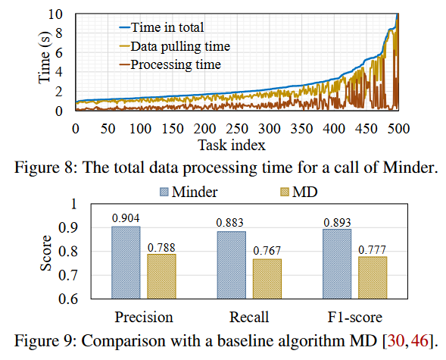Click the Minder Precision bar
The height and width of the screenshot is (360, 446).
coord(126,262)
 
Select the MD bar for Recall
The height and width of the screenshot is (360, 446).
coord(267,279)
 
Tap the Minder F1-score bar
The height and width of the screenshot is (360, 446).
coord(337,264)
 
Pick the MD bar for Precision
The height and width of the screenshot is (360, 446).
coord(161,277)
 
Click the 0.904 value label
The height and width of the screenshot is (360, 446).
coord(126,218)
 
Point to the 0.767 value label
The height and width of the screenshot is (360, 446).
coord(267,251)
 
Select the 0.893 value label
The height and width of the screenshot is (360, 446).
coord(337,223)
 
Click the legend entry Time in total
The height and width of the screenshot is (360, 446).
coord(161,27)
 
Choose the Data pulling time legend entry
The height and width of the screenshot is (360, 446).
coord(175,46)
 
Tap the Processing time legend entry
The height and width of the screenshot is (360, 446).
coord(170,64)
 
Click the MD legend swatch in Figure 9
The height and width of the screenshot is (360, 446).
coord(285,192)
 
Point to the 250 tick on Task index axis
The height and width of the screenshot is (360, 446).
coord(237,129)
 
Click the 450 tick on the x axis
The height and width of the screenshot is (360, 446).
coord(366,129)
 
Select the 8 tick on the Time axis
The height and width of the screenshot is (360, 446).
coord(59,33)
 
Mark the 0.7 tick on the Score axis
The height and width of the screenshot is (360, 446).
coord(67,275)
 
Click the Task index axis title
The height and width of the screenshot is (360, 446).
coord(232,146)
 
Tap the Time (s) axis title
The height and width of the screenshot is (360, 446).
coord(45,58)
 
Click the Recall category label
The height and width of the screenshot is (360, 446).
coord(249,317)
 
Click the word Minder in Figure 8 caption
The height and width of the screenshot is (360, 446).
coord(410,167)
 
